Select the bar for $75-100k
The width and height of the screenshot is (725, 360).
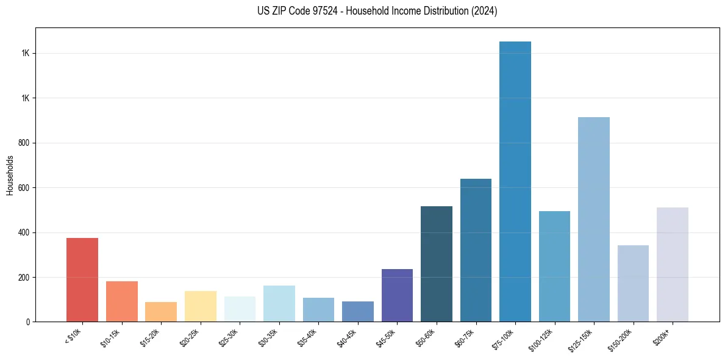515,181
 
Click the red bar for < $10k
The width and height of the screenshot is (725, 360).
82,279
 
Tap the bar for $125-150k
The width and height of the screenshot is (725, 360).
594,219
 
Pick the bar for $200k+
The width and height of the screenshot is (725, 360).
673,264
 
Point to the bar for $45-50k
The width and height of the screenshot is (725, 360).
397,295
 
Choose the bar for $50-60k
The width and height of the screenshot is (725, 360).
437,264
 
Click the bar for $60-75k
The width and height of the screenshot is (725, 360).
476,250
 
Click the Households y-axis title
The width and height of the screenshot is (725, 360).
10,175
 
